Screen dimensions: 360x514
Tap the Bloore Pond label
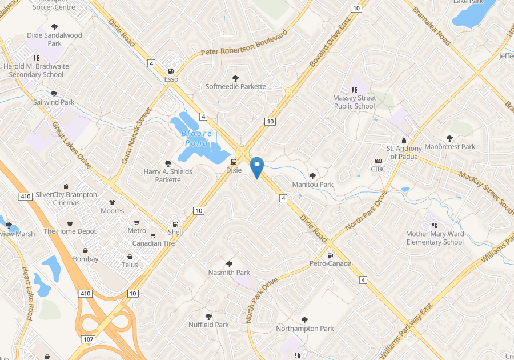(x=196, y=138)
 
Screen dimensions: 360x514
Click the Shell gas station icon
(x=175, y=223)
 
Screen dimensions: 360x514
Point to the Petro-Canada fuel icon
(x=330, y=255)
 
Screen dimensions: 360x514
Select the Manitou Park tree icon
(x=312, y=176)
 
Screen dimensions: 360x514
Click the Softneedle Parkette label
(x=236, y=87)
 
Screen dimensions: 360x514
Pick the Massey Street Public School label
(x=354, y=102)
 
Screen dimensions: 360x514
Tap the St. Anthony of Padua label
(x=404, y=153)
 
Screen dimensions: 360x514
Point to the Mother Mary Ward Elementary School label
(x=435, y=238)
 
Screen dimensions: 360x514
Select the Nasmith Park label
(x=229, y=273)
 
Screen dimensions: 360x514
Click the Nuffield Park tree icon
(x=208, y=316)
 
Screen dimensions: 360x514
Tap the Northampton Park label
(x=305, y=329)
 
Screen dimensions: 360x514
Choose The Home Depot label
(x=70, y=231)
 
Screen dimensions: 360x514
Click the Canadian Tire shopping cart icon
(x=153, y=235)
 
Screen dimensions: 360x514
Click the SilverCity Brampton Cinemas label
(x=66, y=199)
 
